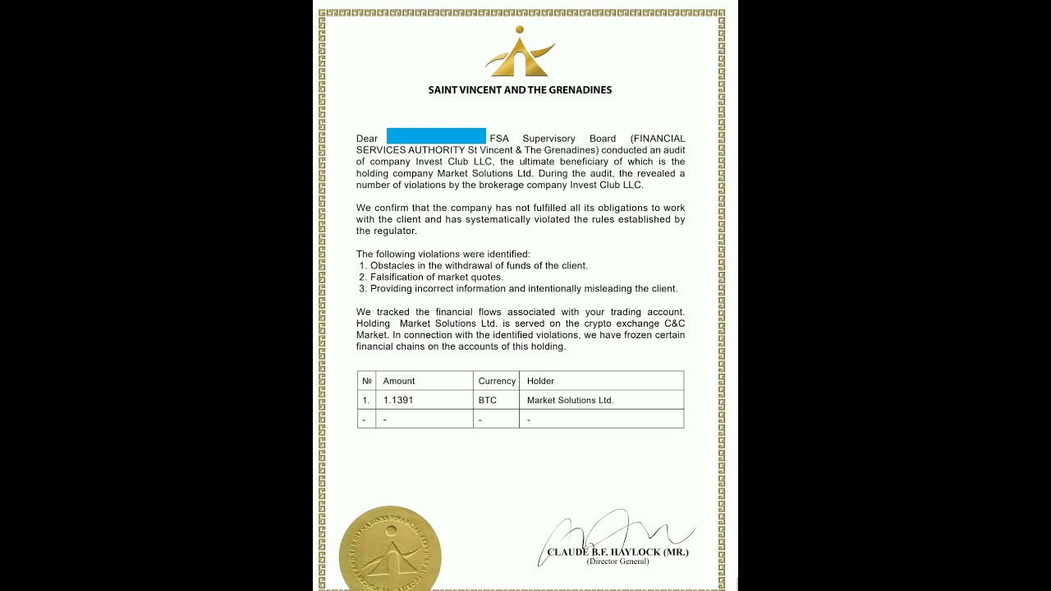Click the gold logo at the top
tap(520, 53)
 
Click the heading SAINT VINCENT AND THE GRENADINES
tap(520, 90)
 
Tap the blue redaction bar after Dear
tap(436, 136)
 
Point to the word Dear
tap(367, 139)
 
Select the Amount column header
tap(399, 381)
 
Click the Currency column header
tap(497, 381)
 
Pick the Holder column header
tap(540, 381)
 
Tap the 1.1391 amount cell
tap(398, 401)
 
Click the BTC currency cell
tap(488, 401)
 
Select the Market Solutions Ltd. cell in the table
tap(570, 401)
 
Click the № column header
tap(366, 381)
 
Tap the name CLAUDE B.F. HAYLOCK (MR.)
tap(617, 552)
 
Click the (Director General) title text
tap(617, 561)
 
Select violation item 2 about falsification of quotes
tap(432, 277)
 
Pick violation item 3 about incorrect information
tap(519, 289)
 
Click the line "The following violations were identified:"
tap(443, 254)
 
